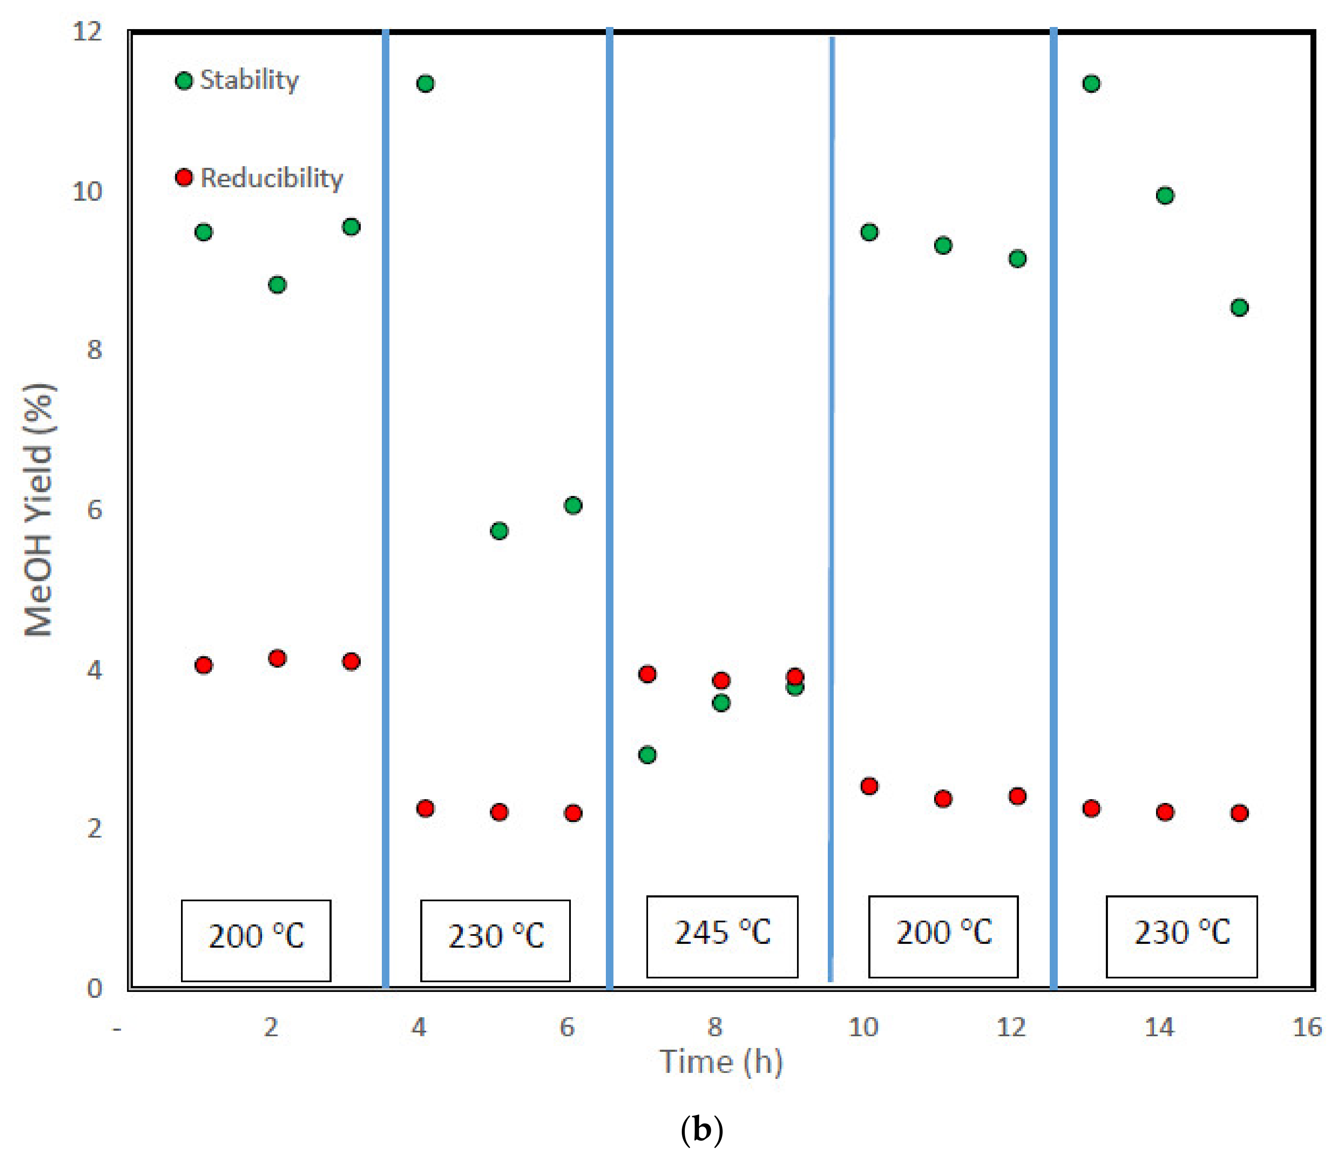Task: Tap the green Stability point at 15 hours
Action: pos(1239,307)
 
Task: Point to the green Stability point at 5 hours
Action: pos(499,531)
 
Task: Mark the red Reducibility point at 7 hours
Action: pos(647,674)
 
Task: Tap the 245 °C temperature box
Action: pos(722,936)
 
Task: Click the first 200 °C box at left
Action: pos(256,940)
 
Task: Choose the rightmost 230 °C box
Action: pos(1181,936)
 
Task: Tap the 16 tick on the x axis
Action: pos(1307,1027)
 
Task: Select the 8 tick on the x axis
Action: pos(715,1027)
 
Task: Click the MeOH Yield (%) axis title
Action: pos(39,510)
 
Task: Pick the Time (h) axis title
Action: pos(721,1062)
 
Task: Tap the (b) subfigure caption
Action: pos(701,1130)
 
